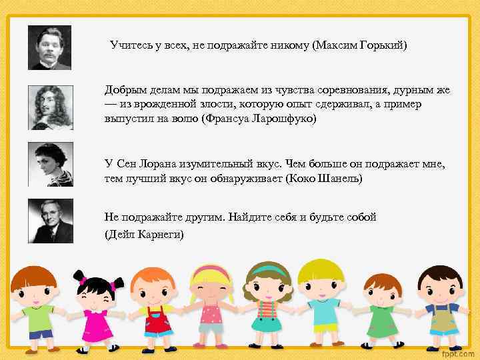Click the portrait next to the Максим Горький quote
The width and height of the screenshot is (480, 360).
(x=49, y=47)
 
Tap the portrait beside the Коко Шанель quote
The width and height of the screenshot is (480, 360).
(x=49, y=164)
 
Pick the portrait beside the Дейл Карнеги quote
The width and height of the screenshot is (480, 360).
(x=49, y=221)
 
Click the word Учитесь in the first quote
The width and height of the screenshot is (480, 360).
(x=131, y=45)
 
